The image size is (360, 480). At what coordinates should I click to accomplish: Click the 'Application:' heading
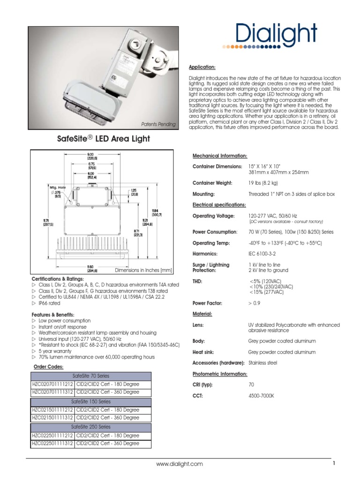(x=202, y=67)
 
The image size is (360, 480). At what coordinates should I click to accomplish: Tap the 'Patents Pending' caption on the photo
(x=158, y=124)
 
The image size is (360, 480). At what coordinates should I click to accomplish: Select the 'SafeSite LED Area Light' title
(x=104, y=139)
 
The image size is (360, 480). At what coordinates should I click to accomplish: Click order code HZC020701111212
(x=52, y=384)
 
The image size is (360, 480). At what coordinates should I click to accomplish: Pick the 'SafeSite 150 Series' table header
(x=91, y=402)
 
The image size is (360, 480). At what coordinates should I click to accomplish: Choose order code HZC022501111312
(x=52, y=443)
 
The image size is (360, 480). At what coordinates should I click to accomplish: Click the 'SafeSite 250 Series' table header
(x=91, y=427)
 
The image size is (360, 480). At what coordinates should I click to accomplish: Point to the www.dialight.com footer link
(x=180, y=464)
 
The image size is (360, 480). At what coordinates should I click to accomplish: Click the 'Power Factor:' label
(x=209, y=303)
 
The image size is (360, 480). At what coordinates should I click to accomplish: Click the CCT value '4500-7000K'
(x=261, y=396)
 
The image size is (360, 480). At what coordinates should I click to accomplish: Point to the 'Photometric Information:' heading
(x=220, y=374)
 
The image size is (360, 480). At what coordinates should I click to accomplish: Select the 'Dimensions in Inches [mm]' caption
(x=143, y=270)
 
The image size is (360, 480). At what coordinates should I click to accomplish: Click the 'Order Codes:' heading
(x=48, y=367)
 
